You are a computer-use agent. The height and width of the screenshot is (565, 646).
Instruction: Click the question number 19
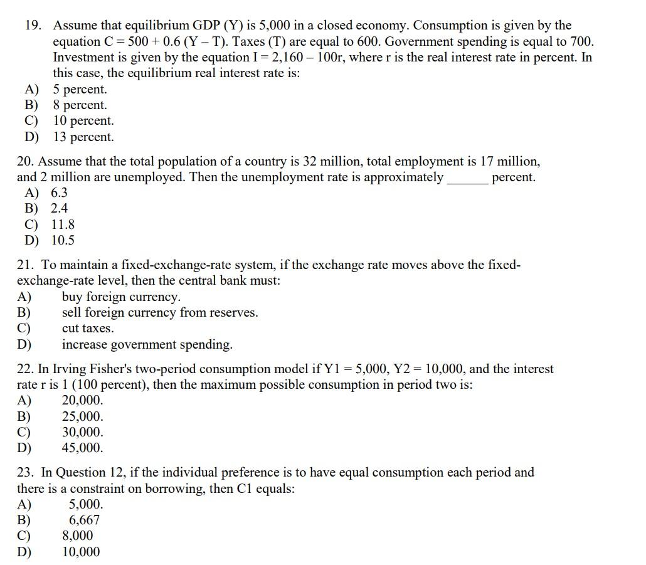coord(33,26)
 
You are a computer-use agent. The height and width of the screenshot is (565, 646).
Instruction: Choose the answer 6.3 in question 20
coord(59,193)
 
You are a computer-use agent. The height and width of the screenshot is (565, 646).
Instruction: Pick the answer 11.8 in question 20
coord(63,224)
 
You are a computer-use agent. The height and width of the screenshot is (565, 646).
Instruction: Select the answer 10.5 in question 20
coord(63,240)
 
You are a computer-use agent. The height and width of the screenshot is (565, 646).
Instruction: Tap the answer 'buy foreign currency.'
coord(121,297)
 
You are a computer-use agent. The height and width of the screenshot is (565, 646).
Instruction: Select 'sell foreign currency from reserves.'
coord(159,312)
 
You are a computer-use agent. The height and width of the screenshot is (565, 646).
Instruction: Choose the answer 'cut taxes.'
coord(88,328)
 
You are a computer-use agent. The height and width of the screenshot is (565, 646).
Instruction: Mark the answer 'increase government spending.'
coord(147,344)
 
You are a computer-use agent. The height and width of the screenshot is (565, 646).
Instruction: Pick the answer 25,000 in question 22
coord(83,416)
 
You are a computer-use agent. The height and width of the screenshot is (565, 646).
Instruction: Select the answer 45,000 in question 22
coord(83,448)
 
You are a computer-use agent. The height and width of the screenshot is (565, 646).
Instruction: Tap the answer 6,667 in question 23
coord(84,520)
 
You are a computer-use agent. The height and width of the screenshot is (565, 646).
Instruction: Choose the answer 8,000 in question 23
coord(77,536)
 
